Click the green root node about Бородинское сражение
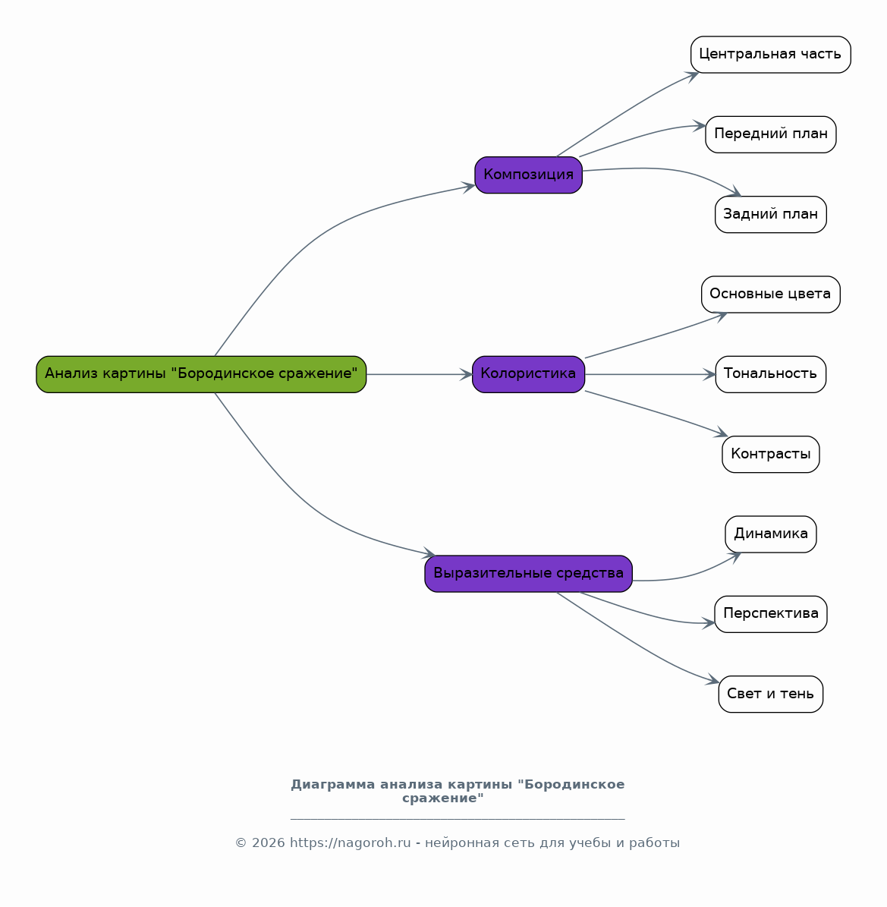201,374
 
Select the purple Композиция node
529,175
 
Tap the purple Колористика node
529,374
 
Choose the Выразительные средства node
529,574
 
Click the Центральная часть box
771,55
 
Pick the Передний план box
771,135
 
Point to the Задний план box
771,215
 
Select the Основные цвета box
771,294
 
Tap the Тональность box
771,374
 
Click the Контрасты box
771,454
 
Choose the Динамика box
771,534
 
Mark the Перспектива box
771,614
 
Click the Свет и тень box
771,694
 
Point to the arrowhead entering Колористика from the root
466,374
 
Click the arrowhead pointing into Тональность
709,374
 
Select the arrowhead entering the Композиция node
468,186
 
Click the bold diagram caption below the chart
458,792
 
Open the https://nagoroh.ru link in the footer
351,842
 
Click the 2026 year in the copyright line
269,842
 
